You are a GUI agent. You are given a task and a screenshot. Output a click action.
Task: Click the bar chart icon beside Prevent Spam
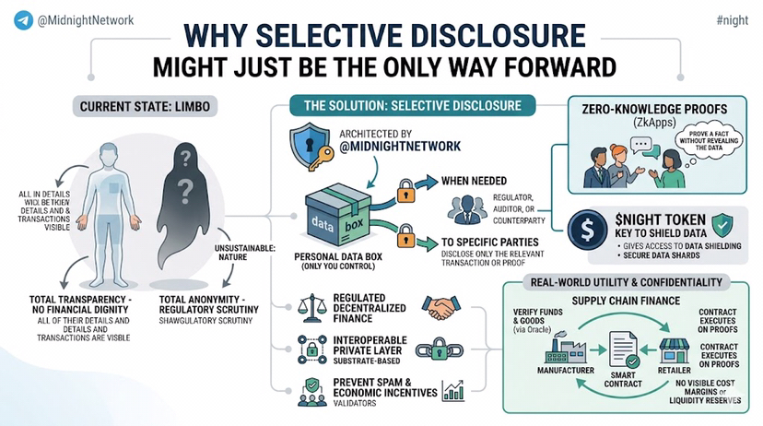point(452,391)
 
